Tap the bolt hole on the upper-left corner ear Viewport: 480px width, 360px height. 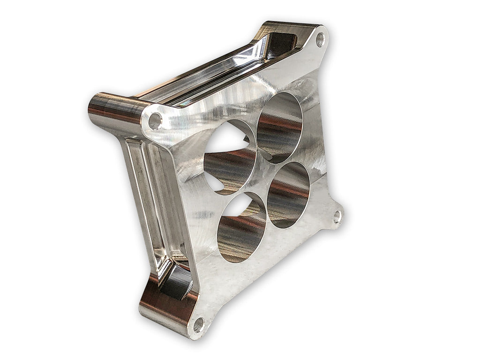[155, 121]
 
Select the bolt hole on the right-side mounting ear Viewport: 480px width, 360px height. [336, 216]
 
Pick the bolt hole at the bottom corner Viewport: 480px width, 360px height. [198, 323]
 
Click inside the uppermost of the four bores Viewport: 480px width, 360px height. [280, 121]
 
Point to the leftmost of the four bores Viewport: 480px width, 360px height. [230, 157]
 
